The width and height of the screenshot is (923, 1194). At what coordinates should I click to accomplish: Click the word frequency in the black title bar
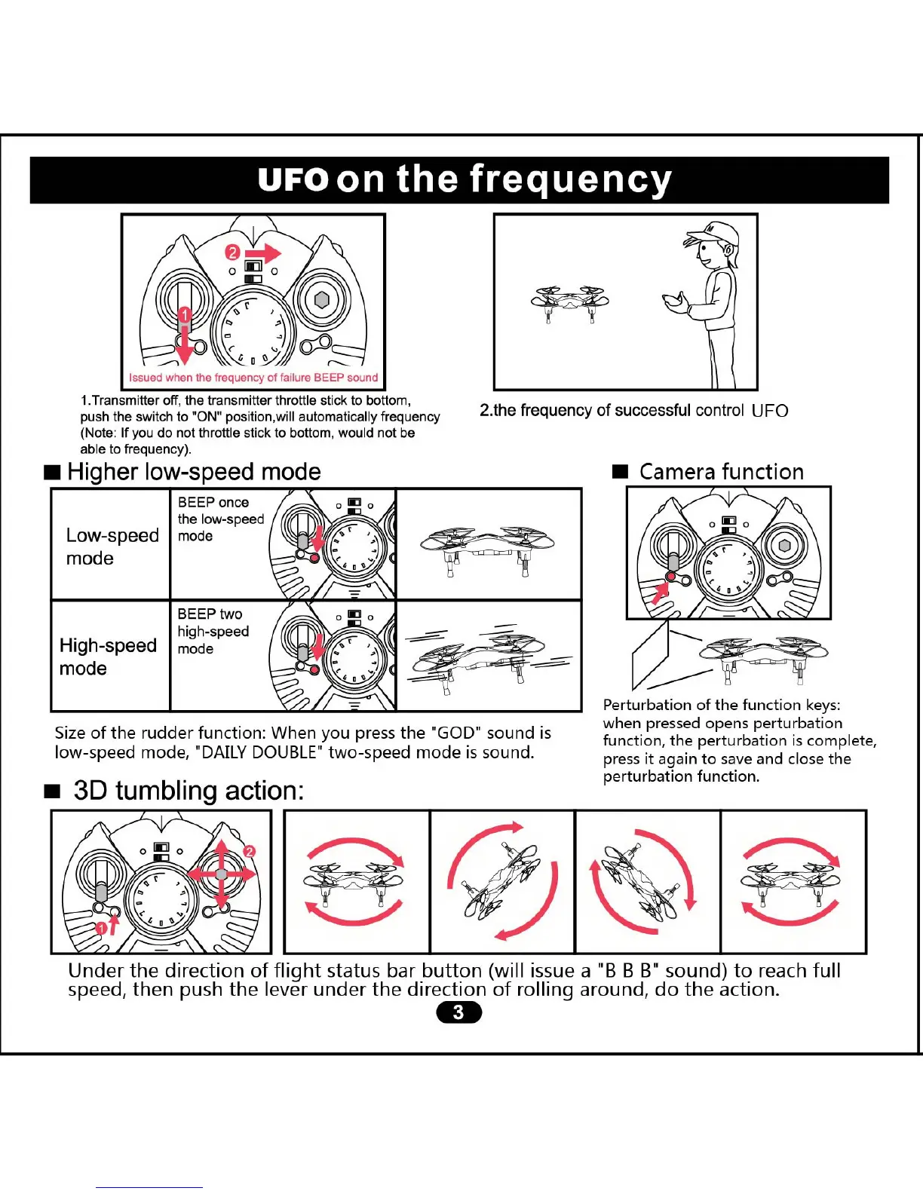click(x=570, y=180)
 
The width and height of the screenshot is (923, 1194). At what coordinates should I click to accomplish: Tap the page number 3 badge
click(x=458, y=1012)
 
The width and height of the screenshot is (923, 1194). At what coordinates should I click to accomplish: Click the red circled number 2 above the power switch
click(x=233, y=253)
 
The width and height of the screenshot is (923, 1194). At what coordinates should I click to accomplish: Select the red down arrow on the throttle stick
click(x=184, y=343)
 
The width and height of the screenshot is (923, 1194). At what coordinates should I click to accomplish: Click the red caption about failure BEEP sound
click(x=253, y=378)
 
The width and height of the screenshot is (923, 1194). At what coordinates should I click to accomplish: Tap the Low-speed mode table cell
click(x=112, y=546)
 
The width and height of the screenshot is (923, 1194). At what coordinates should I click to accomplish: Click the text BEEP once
click(x=213, y=502)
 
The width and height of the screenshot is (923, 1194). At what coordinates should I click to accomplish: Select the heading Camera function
click(x=721, y=472)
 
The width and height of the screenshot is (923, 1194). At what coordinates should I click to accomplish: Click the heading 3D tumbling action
click(x=189, y=791)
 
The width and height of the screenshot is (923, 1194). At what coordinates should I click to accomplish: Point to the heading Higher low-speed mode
click(x=193, y=472)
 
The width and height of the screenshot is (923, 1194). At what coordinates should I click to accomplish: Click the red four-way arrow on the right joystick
click(x=221, y=874)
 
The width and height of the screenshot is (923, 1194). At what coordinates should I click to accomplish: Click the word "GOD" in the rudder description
click(x=457, y=733)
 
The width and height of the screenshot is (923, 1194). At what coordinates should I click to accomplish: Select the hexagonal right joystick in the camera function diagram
click(x=784, y=546)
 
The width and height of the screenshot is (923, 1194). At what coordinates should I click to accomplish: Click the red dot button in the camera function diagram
click(x=670, y=577)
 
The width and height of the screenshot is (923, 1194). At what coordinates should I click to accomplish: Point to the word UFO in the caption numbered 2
click(x=770, y=411)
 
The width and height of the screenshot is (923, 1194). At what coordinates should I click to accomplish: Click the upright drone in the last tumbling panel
click(x=792, y=882)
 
